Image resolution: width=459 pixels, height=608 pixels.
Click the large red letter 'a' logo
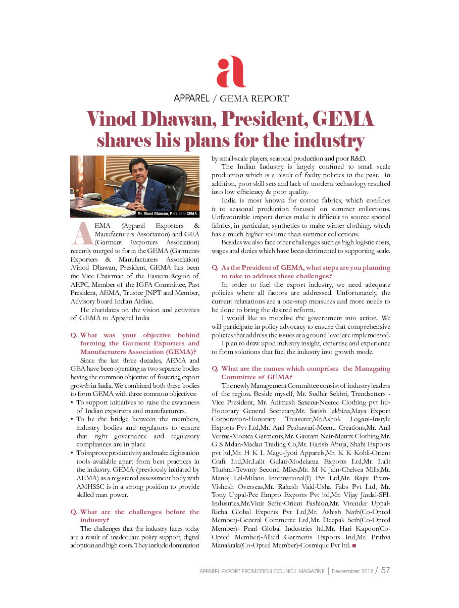pos(230,72)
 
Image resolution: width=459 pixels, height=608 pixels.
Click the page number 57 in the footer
pos(385,571)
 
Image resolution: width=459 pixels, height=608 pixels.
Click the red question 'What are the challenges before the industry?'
pos(135,516)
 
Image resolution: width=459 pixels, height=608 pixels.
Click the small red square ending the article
pos(354,546)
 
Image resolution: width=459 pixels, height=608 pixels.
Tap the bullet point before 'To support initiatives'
pos(73,402)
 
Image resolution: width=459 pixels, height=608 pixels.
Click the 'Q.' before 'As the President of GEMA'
pos(215,268)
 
